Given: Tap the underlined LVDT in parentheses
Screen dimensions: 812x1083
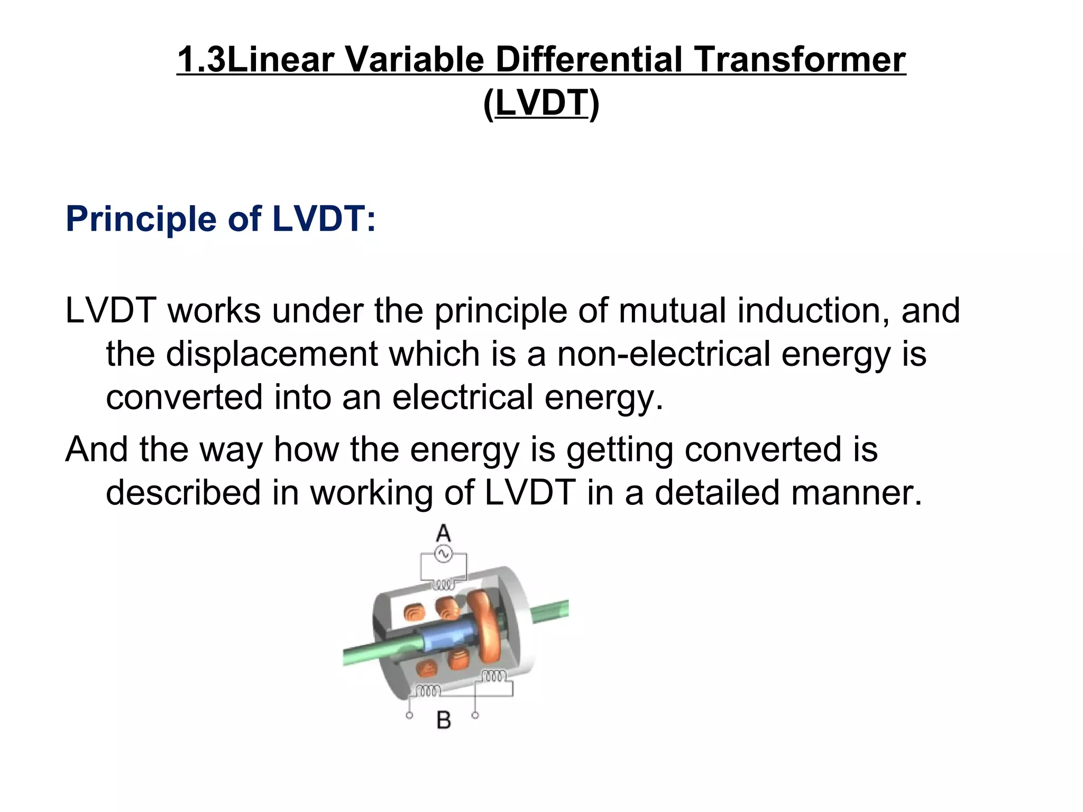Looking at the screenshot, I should pyautogui.click(x=541, y=103).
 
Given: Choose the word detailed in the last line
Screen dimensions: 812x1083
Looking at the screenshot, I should pyautogui.click(x=717, y=493).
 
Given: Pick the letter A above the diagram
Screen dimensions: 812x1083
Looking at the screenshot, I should pyautogui.click(x=443, y=533).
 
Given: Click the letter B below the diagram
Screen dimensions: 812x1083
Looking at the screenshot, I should pyautogui.click(x=444, y=720).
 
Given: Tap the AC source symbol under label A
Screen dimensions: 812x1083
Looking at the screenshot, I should pyautogui.click(x=443, y=554).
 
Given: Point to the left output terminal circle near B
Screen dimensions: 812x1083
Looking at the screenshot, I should pyautogui.click(x=409, y=716).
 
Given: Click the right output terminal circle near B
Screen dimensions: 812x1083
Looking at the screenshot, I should pyautogui.click(x=475, y=715).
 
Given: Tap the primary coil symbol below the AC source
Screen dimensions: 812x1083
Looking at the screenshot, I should pyautogui.click(x=444, y=585).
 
